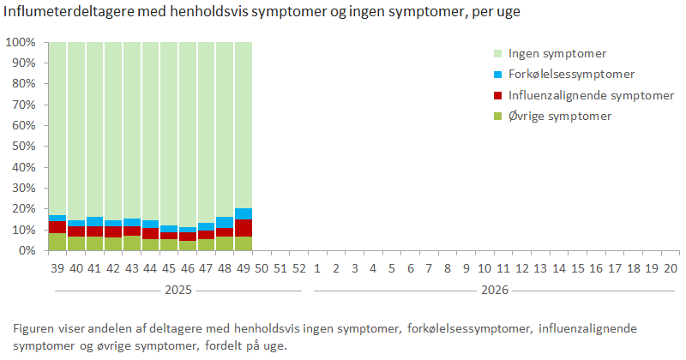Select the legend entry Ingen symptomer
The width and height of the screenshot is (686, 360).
[x=557, y=53]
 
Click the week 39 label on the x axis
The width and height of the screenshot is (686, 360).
[x=57, y=268]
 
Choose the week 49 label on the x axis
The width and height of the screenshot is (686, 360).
[x=244, y=268]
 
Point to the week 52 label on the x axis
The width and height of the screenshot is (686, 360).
[x=299, y=268]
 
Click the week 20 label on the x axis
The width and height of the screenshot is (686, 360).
[x=671, y=268]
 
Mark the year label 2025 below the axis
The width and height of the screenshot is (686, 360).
[x=178, y=291]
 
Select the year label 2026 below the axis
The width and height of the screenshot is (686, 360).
[x=495, y=291]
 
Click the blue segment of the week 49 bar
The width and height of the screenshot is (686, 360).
[x=244, y=213]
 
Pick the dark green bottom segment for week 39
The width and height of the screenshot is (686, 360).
[x=57, y=242]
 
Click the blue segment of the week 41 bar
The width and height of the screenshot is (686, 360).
[x=94, y=221]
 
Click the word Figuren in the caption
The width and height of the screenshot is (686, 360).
[x=35, y=328]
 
